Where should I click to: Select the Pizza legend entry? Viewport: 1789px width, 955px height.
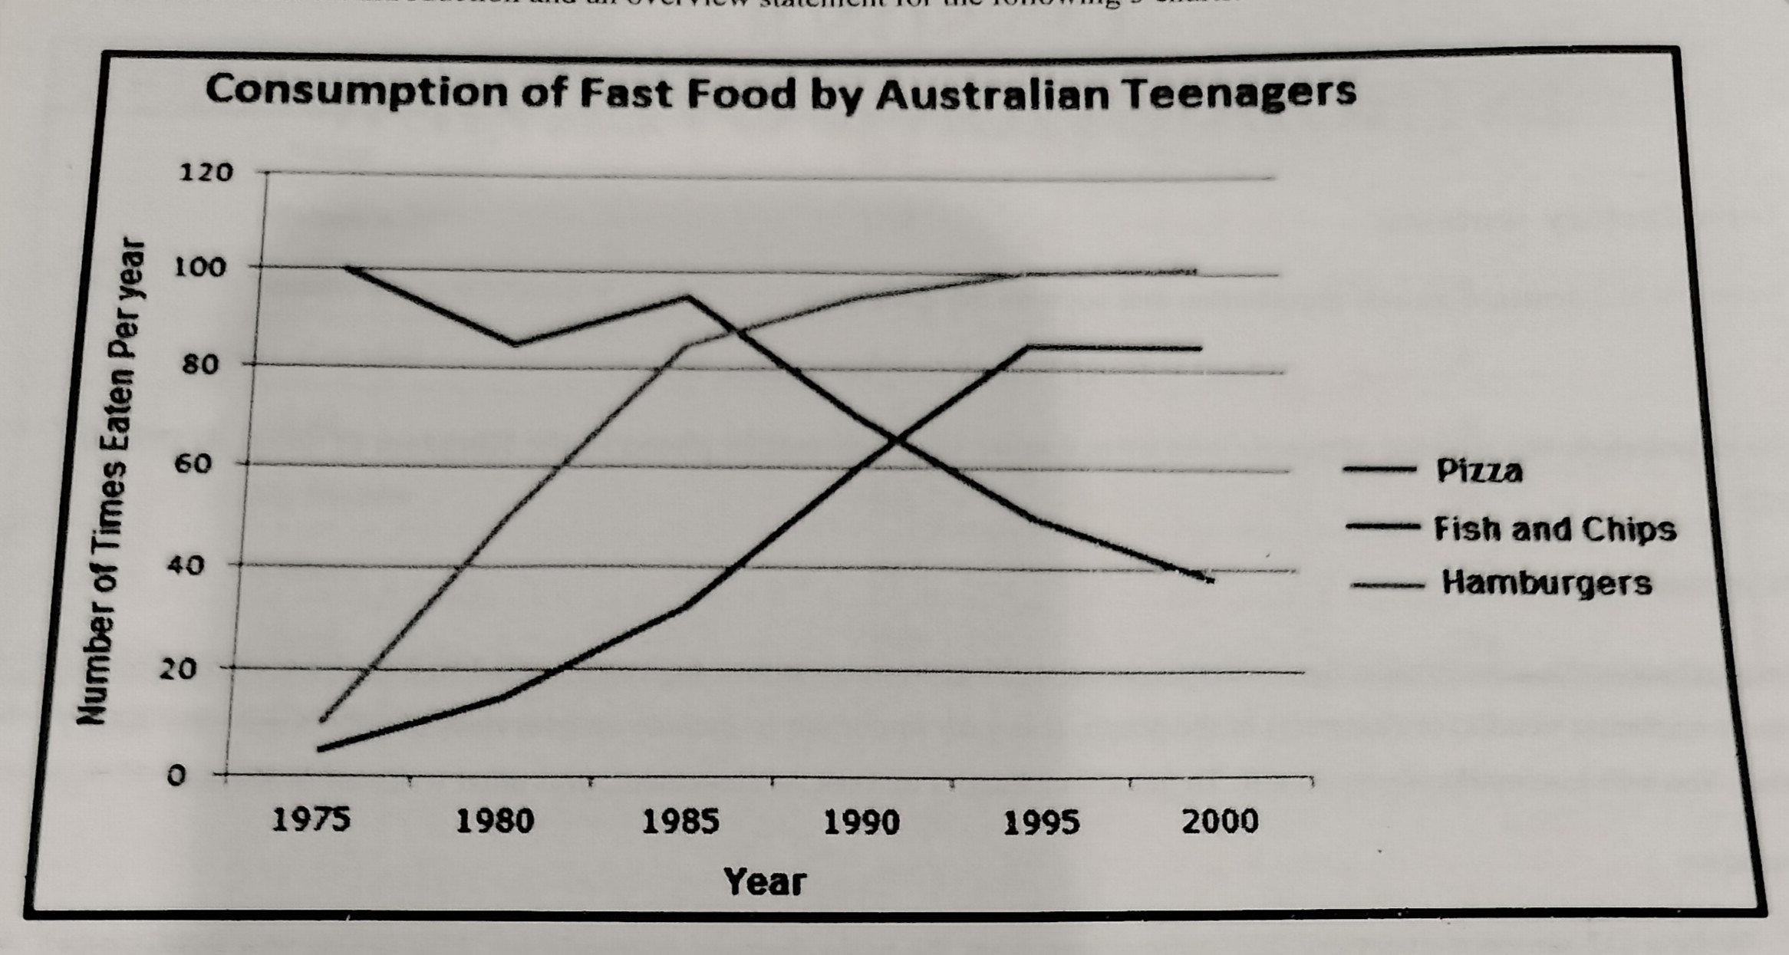click(x=1478, y=470)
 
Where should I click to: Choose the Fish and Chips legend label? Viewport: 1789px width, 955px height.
click(x=1554, y=529)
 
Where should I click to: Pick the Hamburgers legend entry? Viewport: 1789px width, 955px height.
click(x=1546, y=583)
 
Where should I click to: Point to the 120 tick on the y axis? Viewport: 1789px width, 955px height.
click(x=205, y=173)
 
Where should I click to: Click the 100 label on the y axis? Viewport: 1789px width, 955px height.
click(x=201, y=268)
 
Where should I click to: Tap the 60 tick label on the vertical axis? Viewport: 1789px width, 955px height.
click(x=196, y=464)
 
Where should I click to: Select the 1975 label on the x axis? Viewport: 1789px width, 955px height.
click(x=311, y=821)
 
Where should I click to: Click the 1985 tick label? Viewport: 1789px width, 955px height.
click(x=680, y=822)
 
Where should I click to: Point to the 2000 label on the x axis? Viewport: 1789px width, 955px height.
click(x=1220, y=822)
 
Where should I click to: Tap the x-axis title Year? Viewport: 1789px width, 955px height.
click(x=764, y=882)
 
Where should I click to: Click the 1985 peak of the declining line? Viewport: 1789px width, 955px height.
click(x=688, y=297)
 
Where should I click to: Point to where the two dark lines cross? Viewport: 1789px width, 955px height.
click(x=894, y=440)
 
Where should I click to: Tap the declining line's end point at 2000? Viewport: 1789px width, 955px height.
click(x=1208, y=578)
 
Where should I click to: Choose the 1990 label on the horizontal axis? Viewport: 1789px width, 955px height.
click(x=861, y=822)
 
